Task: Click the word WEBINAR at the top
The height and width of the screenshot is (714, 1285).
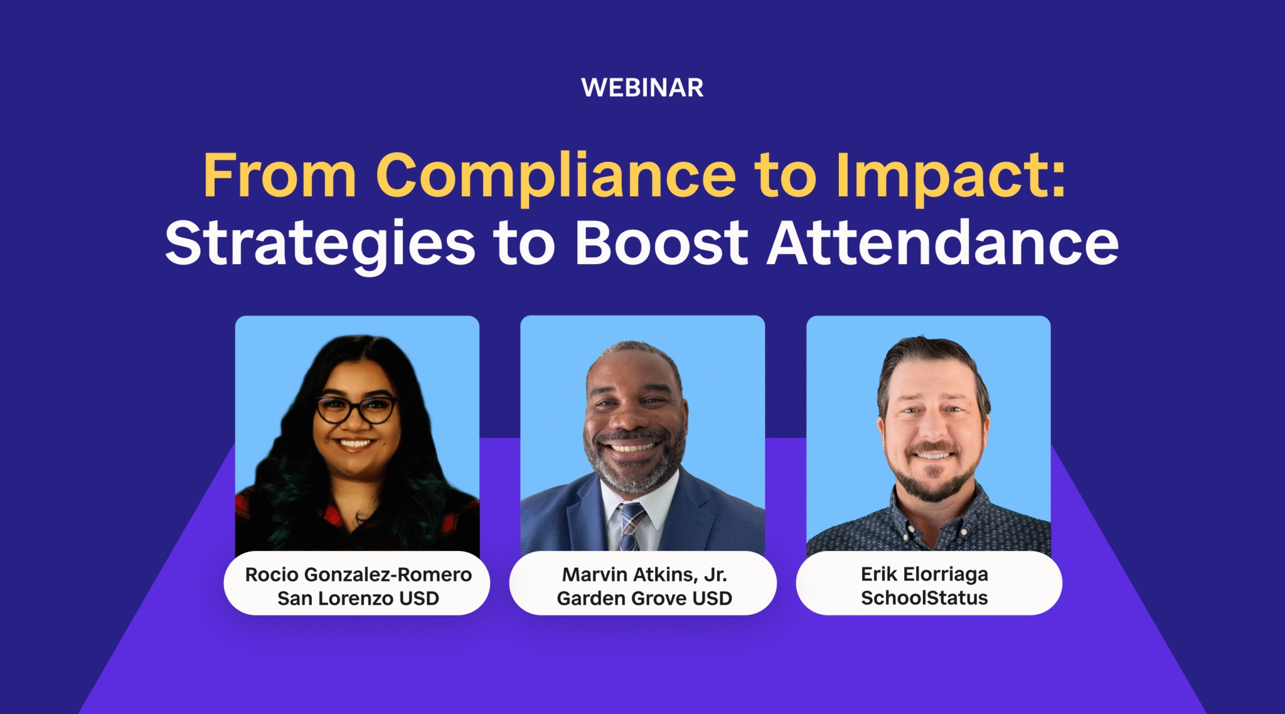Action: coord(642,88)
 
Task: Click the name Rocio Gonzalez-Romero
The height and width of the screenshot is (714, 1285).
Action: coord(358,574)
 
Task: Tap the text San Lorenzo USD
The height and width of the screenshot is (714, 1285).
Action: coord(358,599)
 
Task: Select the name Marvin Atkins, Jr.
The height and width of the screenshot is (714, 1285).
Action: coord(644,574)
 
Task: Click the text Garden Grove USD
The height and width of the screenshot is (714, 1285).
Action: coord(644,599)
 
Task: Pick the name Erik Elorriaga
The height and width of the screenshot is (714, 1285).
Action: coord(924,574)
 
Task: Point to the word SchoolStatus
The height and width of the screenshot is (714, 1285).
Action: coord(924,598)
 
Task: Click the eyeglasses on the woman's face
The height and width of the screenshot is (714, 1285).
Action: coord(356,410)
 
